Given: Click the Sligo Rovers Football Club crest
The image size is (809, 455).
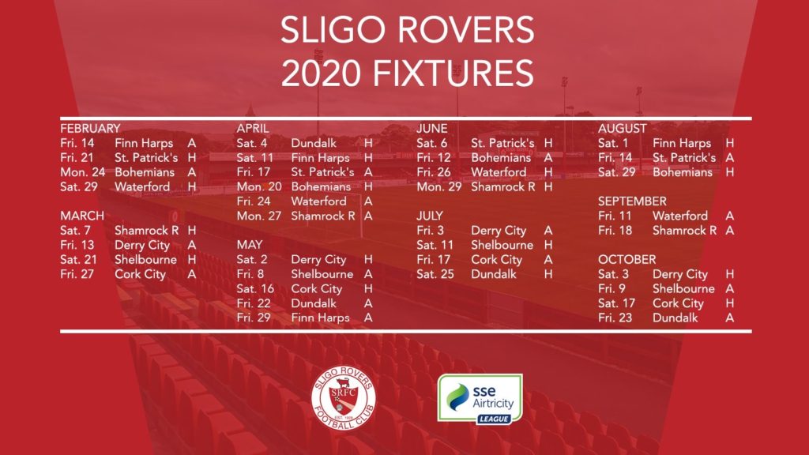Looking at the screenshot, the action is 343,398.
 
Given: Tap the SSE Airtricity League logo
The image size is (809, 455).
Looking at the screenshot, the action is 480,399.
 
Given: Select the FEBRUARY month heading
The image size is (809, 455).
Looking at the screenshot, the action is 90,129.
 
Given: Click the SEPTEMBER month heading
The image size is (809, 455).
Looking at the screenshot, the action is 632,201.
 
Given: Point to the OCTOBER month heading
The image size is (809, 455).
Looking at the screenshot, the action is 627,259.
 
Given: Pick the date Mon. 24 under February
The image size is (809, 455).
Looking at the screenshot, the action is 82,172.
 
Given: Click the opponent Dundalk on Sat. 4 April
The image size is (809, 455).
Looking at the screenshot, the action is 314,144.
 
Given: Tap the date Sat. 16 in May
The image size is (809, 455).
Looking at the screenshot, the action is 255,289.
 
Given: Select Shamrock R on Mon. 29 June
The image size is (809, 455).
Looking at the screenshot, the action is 503,186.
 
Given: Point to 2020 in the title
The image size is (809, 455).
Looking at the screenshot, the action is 321,73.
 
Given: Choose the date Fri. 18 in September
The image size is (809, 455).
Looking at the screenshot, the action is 615,231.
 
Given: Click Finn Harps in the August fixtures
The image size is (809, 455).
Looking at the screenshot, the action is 682,144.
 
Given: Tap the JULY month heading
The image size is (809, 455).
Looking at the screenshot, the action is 430,216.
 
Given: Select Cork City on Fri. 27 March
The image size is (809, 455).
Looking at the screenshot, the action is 140,274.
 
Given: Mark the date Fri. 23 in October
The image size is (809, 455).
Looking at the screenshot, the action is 615,318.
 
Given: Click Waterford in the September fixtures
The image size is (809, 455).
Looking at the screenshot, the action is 680,216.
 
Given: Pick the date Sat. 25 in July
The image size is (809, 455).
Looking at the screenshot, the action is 435,274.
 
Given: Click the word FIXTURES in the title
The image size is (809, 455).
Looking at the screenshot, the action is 453,73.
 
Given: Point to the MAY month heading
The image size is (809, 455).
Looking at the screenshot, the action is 250,245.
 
